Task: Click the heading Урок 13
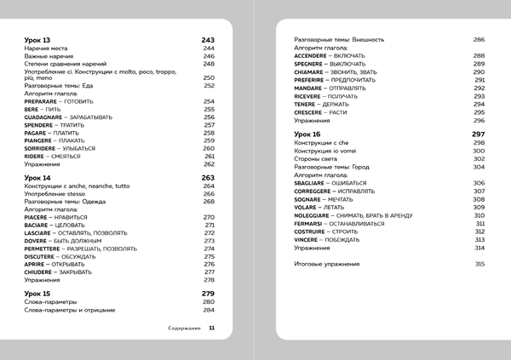(38, 40)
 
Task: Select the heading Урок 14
(38, 177)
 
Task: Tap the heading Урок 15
(38, 294)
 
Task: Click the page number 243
(208, 40)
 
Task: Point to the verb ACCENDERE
(313, 55)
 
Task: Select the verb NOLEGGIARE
(315, 215)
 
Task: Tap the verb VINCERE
(309, 239)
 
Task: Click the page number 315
(479, 264)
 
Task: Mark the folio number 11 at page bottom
(211, 328)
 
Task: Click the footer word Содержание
(181, 328)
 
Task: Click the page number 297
(479, 134)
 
